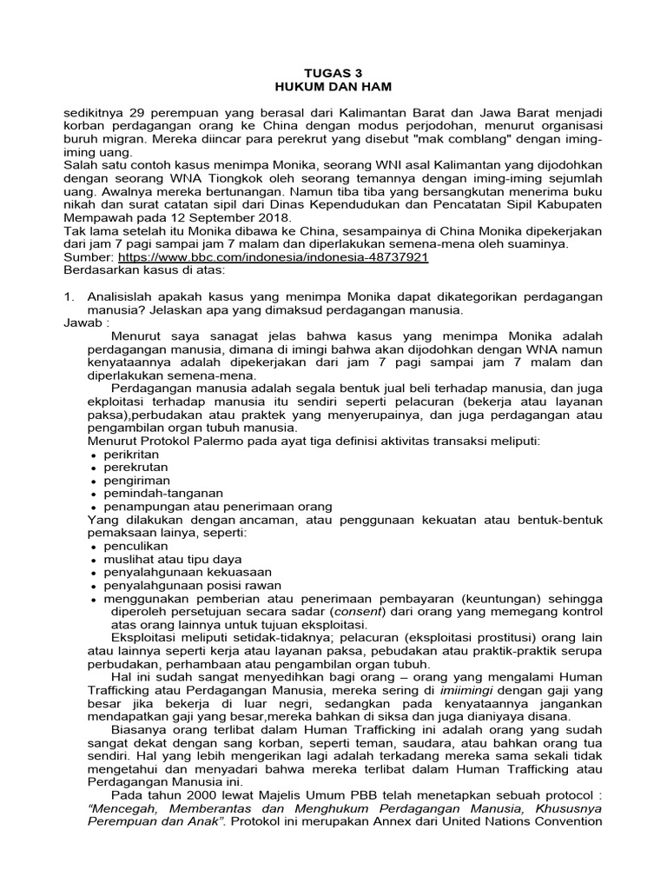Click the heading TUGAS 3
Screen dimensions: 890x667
pos(334,75)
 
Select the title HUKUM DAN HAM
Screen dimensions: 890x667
pos(334,89)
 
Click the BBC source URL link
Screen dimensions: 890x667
pos(273,258)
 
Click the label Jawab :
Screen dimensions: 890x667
pos(87,322)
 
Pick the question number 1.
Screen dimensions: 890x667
pos(69,296)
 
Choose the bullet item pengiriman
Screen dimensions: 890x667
pos(136,480)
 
